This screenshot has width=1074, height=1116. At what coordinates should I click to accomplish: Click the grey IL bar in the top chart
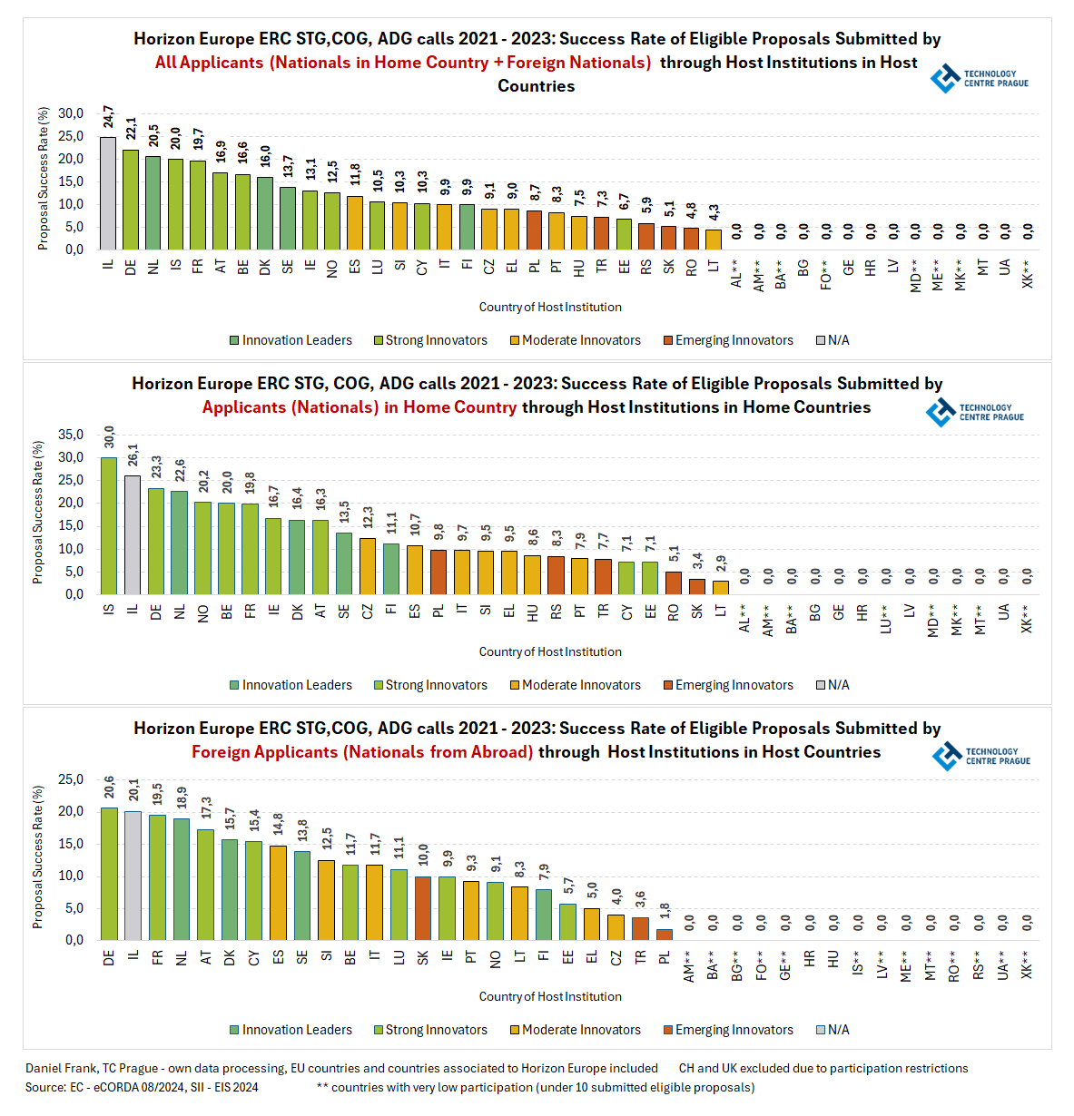[x=108, y=193]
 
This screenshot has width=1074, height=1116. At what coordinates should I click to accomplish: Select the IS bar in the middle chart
[x=109, y=525]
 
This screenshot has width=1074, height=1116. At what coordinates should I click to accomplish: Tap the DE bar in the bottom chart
[x=109, y=874]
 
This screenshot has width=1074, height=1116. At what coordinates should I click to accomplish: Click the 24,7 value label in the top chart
[x=108, y=118]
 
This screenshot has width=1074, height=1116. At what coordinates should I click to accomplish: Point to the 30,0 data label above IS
[x=109, y=436]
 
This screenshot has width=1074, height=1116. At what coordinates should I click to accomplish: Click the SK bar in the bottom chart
[x=423, y=908]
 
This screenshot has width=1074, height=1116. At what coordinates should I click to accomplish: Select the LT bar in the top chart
[x=714, y=240]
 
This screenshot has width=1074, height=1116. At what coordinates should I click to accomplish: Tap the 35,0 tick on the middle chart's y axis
[x=71, y=435]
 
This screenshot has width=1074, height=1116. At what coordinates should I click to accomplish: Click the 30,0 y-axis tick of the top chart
[x=71, y=113]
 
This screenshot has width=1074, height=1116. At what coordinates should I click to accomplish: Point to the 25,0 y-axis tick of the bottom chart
[x=71, y=779]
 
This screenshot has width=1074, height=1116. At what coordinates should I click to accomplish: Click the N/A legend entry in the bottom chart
[x=833, y=1030]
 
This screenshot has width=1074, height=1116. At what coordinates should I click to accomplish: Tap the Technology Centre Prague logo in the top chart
[x=980, y=79]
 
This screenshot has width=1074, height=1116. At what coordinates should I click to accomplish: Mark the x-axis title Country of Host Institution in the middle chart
[x=550, y=651]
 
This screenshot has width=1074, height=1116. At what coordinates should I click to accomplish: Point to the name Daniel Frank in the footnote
[x=61, y=1068]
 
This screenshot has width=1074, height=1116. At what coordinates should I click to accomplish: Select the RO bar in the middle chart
[x=674, y=582]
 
